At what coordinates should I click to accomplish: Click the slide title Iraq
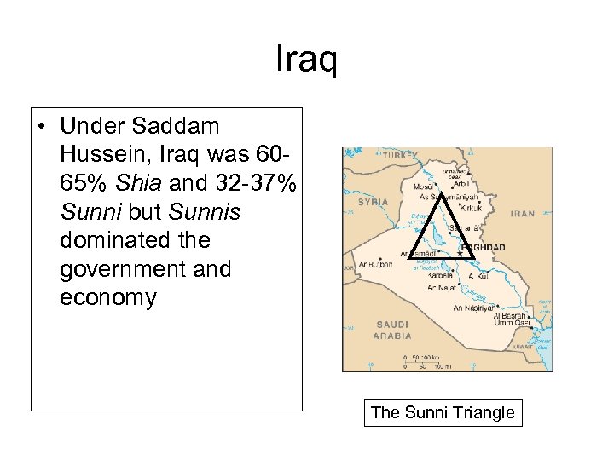(307, 60)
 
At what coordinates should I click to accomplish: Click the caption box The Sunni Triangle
(443, 413)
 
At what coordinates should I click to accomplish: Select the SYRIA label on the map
(373, 202)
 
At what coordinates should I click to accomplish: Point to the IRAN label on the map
(523, 214)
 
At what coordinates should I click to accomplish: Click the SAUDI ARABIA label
(392, 330)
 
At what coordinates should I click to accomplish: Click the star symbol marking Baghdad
(460, 253)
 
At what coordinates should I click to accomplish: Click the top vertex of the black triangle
(443, 195)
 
